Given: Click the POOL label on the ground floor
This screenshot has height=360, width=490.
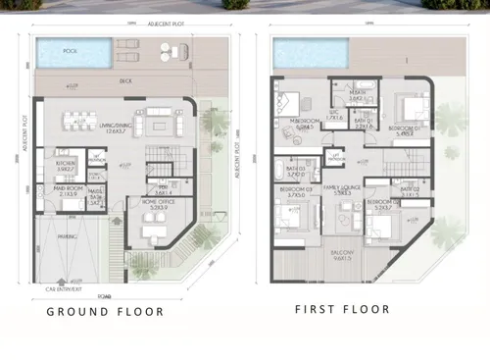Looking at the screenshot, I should click(x=71, y=49).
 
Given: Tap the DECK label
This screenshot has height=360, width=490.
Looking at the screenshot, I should click(x=125, y=81).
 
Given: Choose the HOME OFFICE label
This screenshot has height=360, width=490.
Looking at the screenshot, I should click(x=155, y=204).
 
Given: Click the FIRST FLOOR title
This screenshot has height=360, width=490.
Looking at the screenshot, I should click(x=342, y=309).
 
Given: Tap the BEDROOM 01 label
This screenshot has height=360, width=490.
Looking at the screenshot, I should click(x=404, y=129).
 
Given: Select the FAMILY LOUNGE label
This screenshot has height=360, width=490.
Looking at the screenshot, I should click(x=344, y=188).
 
